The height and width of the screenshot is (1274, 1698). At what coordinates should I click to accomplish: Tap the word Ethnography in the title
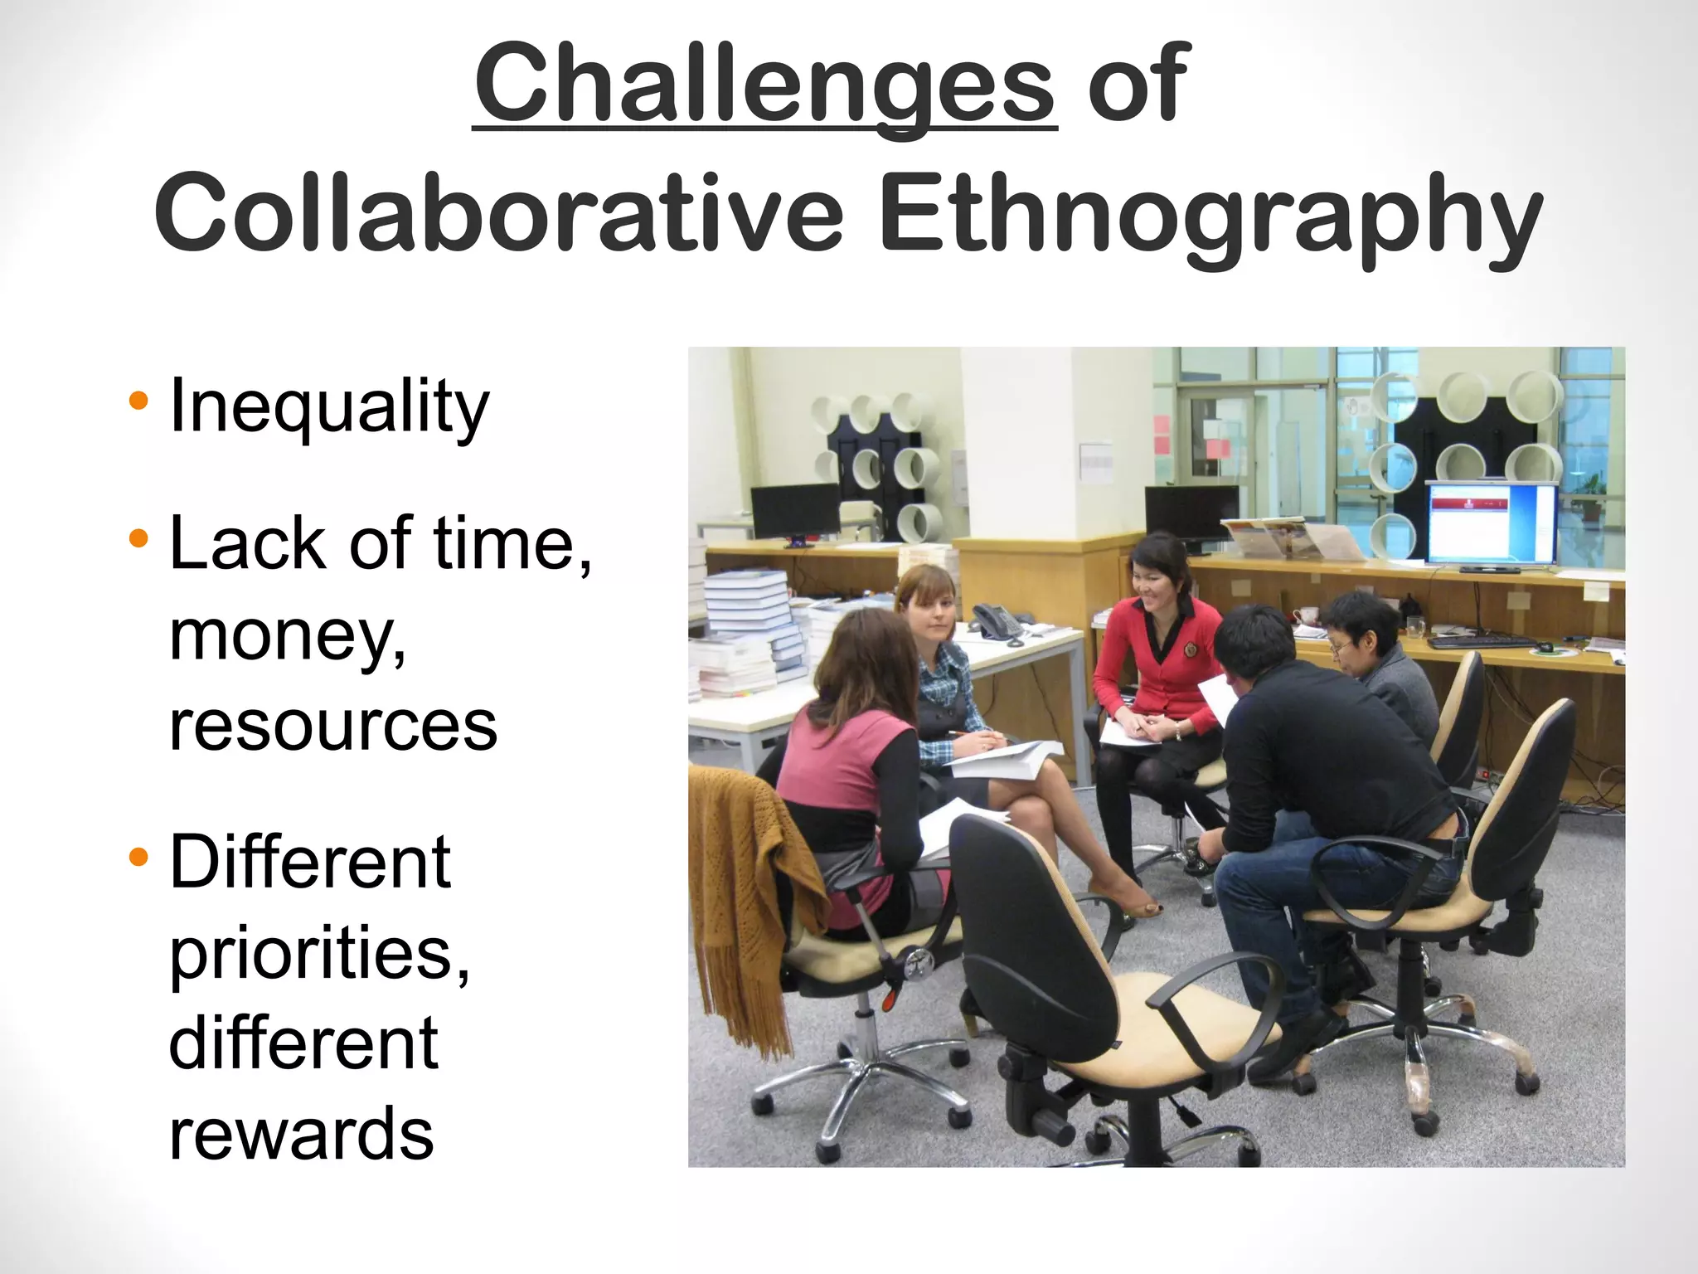point(1210,214)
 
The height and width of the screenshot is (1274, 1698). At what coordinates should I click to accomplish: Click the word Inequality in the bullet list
point(329,406)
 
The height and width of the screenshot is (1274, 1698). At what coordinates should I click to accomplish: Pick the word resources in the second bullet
point(332,725)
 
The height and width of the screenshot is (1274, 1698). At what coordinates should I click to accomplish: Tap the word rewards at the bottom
point(301,1133)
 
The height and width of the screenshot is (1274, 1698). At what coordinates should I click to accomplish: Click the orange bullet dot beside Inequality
point(138,402)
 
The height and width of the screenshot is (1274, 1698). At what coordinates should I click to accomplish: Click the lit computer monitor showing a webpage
point(1490,523)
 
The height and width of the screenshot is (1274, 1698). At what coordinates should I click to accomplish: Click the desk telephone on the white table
point(997,622)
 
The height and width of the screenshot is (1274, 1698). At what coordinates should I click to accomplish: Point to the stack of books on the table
point(746,630)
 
